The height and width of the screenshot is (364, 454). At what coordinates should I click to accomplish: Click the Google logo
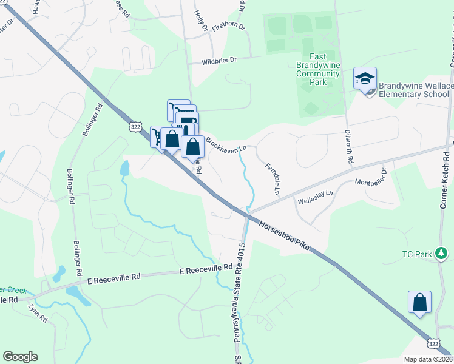click(x=20, y=357)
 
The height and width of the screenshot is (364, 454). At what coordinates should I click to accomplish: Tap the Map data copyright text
click(x=428, y=359)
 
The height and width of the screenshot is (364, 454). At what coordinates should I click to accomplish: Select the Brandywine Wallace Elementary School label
click(x=416, y=90)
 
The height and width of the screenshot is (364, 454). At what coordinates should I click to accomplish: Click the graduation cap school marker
click(x=365, y=79)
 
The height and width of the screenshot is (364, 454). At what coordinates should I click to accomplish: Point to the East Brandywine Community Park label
click(x=317, y=73)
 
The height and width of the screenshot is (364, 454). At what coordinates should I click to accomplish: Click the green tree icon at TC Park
click(x=443, y=252)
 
